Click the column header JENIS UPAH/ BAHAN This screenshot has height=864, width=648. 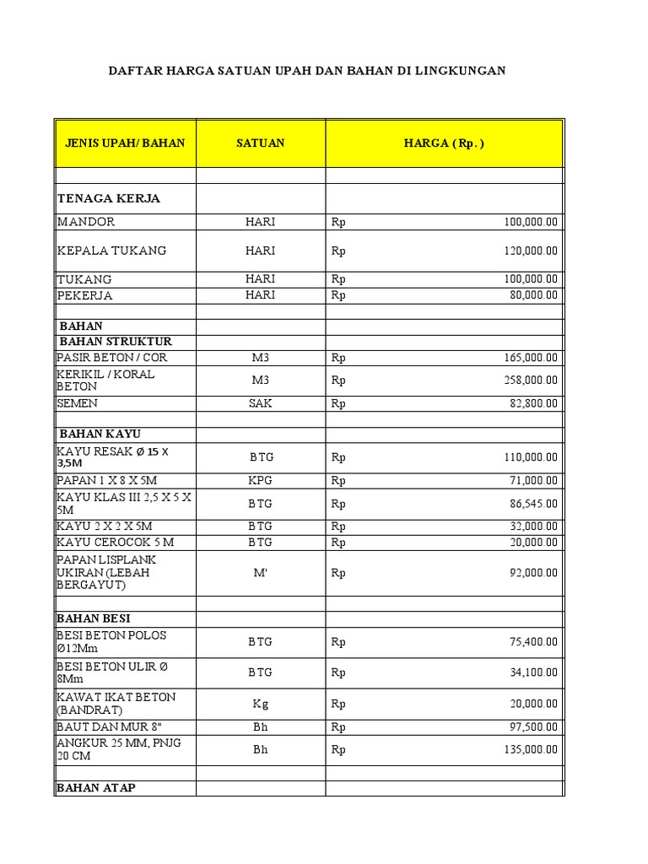click(x=125, y=143)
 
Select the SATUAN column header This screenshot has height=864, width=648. click(x=261, y=143)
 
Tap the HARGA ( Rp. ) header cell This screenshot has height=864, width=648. click(x=444, y=143)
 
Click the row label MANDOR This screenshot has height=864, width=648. click(x=86, y=222)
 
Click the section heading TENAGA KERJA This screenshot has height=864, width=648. click(x=108, y=199)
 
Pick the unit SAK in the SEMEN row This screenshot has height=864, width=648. click(x=261, y=403)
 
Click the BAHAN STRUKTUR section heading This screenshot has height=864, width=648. click(x=116, y=342)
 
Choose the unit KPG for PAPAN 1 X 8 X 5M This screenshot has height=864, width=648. click(x=261, y=480)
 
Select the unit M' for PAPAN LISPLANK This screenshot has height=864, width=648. click(x=261, y=572)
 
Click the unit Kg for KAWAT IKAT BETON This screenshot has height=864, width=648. click(x=261, y=703)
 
